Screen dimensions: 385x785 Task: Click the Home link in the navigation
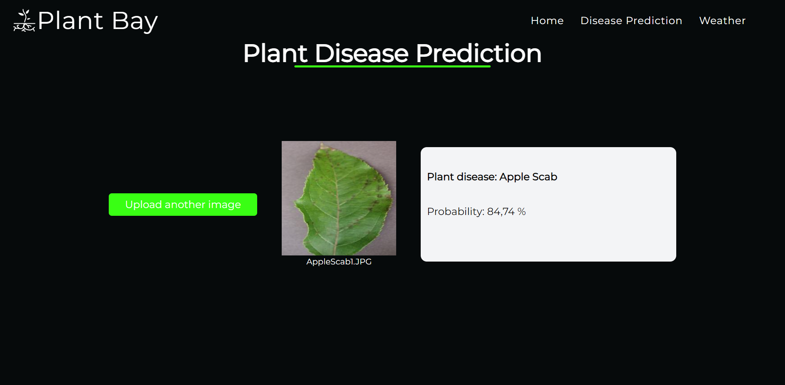point(547,20)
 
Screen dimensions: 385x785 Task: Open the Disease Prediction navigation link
point(631,20)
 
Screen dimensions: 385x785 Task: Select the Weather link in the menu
point(722,20)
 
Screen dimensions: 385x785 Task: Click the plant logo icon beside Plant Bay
point(24,21)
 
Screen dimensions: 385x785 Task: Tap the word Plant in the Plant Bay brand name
point(70,20)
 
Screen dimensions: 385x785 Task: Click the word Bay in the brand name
point(135,21)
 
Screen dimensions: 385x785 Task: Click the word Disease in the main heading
point(361,54)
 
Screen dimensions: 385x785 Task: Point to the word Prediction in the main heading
point(478,54)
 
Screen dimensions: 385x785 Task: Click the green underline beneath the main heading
point(392,66)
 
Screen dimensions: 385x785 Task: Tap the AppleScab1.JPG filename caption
point(339,262)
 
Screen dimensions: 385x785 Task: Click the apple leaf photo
point(339,198)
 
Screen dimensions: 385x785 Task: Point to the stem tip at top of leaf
point(323,145)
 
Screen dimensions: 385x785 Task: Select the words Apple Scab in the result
point(528,177)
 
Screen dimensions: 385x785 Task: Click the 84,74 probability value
point(500,211)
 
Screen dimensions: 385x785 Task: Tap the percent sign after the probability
point(521,211)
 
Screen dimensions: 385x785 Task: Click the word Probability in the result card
point(455,211)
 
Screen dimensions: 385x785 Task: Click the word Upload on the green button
point(143,204)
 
